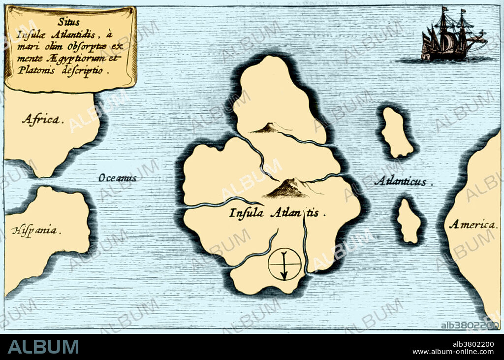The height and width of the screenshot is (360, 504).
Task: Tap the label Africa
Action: [43, 119]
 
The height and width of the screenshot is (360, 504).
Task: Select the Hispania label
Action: [36, 230]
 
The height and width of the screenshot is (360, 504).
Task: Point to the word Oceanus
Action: [117, 178]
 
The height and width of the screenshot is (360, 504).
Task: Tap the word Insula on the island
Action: [247, 213]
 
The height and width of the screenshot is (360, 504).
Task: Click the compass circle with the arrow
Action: [284, 264]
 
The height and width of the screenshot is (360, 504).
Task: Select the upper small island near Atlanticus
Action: [396, 132]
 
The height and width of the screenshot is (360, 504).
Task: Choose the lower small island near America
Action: [409, 221]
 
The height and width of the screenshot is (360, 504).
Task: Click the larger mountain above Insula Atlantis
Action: [287, 188]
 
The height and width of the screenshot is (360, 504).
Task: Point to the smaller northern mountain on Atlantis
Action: [266, 128]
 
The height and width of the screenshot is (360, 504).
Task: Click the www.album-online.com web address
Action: [453, 352]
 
